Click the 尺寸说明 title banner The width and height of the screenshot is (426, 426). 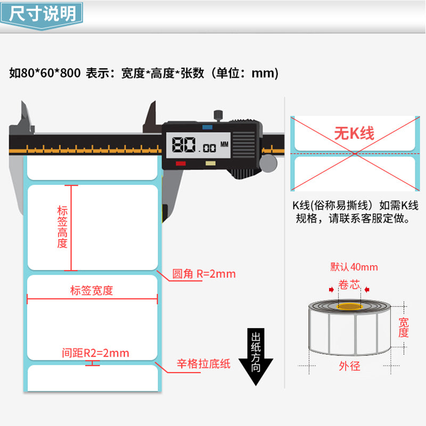click(42, 15)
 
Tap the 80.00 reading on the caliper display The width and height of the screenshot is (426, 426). click(194, 145)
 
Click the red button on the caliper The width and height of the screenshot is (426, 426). click(181, 163)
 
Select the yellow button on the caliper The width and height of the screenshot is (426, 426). click(210, 163)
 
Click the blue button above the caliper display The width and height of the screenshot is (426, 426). click(207, 127)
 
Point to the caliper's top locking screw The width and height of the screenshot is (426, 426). click(218, 115)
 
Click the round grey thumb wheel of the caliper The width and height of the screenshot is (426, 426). click(268, 163)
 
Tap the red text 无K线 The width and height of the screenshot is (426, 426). click(354, 134)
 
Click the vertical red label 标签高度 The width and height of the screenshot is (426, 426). click(62, 227)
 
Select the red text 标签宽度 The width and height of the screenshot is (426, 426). click(92, 290)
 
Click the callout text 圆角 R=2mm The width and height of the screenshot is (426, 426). click(204, 274)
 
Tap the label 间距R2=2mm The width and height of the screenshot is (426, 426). click(95, 353)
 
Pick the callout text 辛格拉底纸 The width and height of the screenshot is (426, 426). click(203, 364)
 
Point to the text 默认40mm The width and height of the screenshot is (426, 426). click(354, 267)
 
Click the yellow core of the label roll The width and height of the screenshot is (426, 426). click(350, 307)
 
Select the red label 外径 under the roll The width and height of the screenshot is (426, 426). click(350, 366)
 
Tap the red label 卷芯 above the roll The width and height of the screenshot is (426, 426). click(349, 285)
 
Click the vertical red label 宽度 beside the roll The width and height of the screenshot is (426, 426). click(404, 327)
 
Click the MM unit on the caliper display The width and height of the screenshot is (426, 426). click(224, 144)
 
